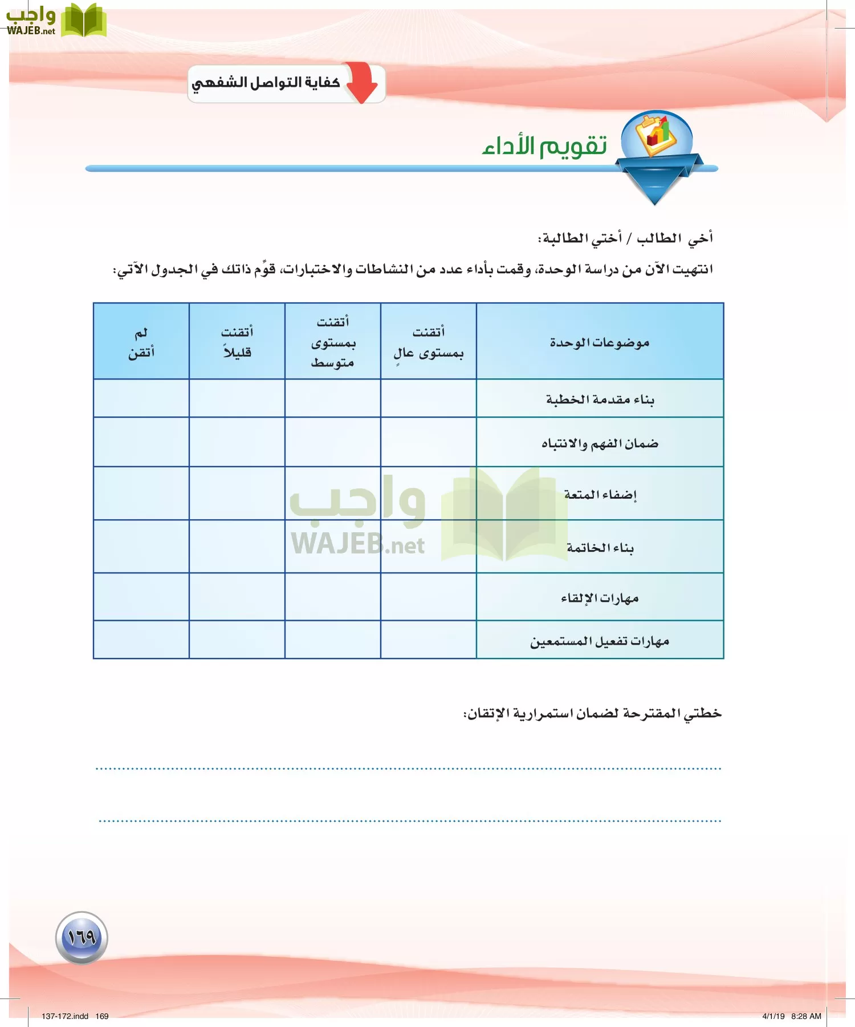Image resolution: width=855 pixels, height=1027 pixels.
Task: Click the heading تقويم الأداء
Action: click(544, 146)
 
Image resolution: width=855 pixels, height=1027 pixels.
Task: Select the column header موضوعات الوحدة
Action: click(600, 342)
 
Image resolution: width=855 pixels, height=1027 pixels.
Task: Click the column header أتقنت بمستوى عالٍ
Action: click(428, 342)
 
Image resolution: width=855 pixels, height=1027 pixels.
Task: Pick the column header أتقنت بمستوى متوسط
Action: click(333, 342)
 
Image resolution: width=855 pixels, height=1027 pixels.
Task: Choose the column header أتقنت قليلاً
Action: click(237, 342)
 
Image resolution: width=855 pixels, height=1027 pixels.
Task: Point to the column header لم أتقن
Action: click(141, 342)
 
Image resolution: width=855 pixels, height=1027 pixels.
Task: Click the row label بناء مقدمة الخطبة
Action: click(600, 399)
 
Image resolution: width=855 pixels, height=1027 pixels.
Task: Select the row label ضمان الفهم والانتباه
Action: click(600, 443)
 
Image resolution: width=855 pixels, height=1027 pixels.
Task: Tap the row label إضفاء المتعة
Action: click(600, 494)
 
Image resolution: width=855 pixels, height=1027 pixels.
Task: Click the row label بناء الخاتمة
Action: click(600, 548)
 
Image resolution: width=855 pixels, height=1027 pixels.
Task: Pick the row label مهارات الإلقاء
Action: click(600, 598)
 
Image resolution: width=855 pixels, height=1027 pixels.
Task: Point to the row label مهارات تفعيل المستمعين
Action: click(600, 641)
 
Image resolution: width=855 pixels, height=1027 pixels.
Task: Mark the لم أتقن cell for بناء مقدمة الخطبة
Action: click(141, 398)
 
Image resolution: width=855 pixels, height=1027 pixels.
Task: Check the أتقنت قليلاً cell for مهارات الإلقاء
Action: click(237, 597)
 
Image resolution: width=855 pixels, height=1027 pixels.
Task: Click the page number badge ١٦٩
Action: click(82, 937)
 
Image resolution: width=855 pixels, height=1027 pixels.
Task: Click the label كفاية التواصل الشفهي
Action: click(266, 83)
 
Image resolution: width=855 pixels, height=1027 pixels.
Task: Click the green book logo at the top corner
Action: click(84, 21)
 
